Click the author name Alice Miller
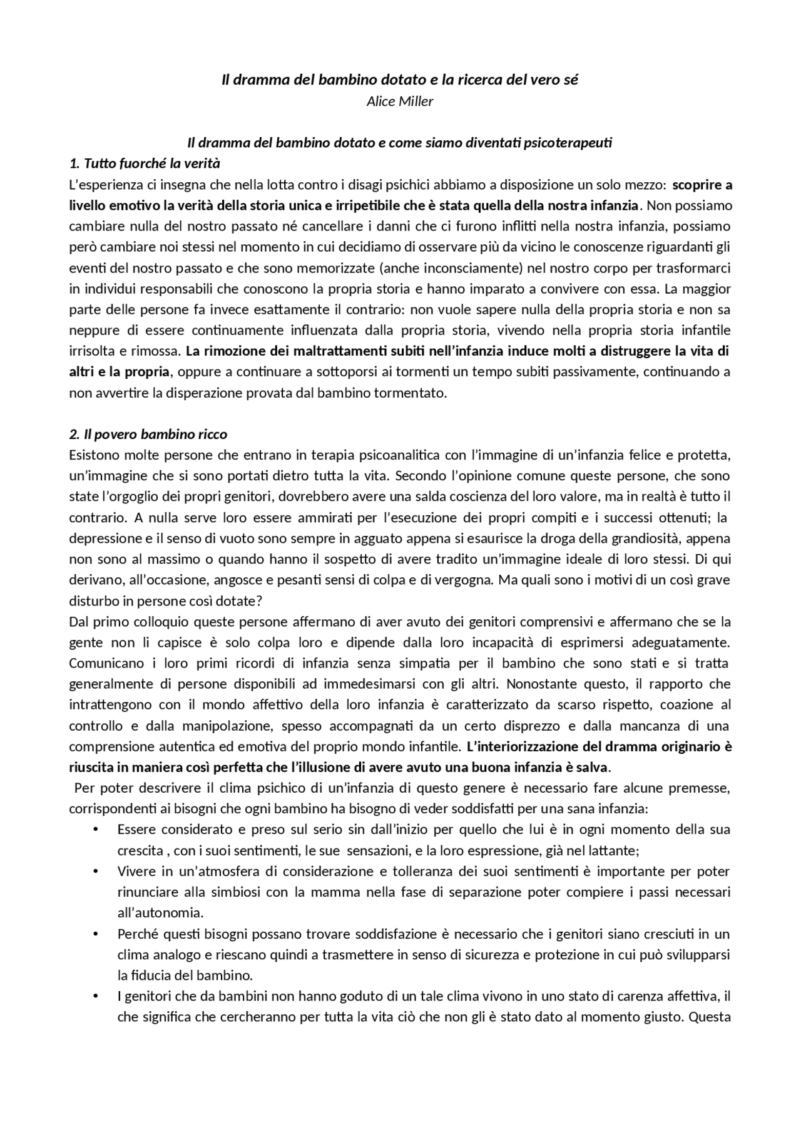coord(400,101)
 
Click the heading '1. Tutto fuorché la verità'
coord(145,163)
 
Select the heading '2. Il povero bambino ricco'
coord(148,434)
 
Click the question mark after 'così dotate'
coord(260,601)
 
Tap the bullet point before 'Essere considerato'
coord(96,830)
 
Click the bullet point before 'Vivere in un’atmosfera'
coord(96,871)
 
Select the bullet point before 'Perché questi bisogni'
coord(96,934)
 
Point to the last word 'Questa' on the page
coord(710,1017)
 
